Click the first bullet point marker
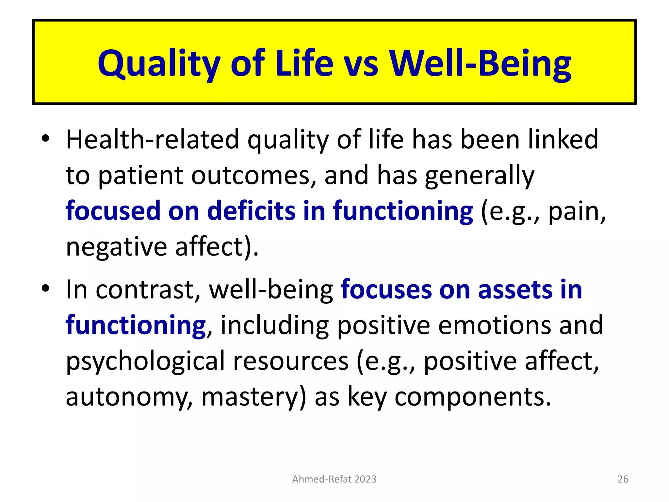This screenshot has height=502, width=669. (x=45, y=139)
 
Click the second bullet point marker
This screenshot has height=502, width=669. (x=45, y=288)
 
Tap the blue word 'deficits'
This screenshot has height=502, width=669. (x=251, y=211)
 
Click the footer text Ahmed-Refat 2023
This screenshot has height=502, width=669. (x=334, y=479)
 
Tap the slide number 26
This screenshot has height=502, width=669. (x=623, y=479)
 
